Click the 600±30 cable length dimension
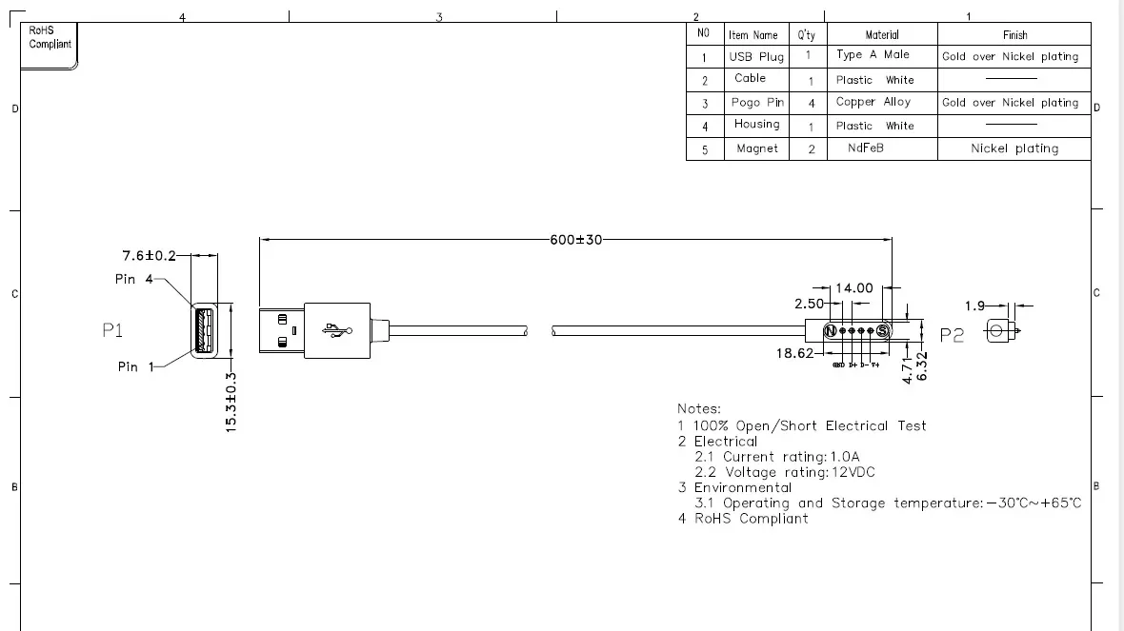click(576, 240)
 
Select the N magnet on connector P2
click(831, 330)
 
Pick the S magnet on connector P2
click(882, 330)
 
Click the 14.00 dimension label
click(853, 287)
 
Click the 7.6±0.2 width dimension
click(150, 255)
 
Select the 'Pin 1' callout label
click(134, 366)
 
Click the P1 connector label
click(113, 330)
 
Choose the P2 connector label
click(952, 335)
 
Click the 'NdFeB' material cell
click(866, 148)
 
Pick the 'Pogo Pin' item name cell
click(757, 102)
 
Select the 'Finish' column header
click(1014, 34)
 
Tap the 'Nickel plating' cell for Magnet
click(1014, 148)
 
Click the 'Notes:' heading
click(699, 408)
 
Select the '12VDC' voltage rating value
click(853, 472)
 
